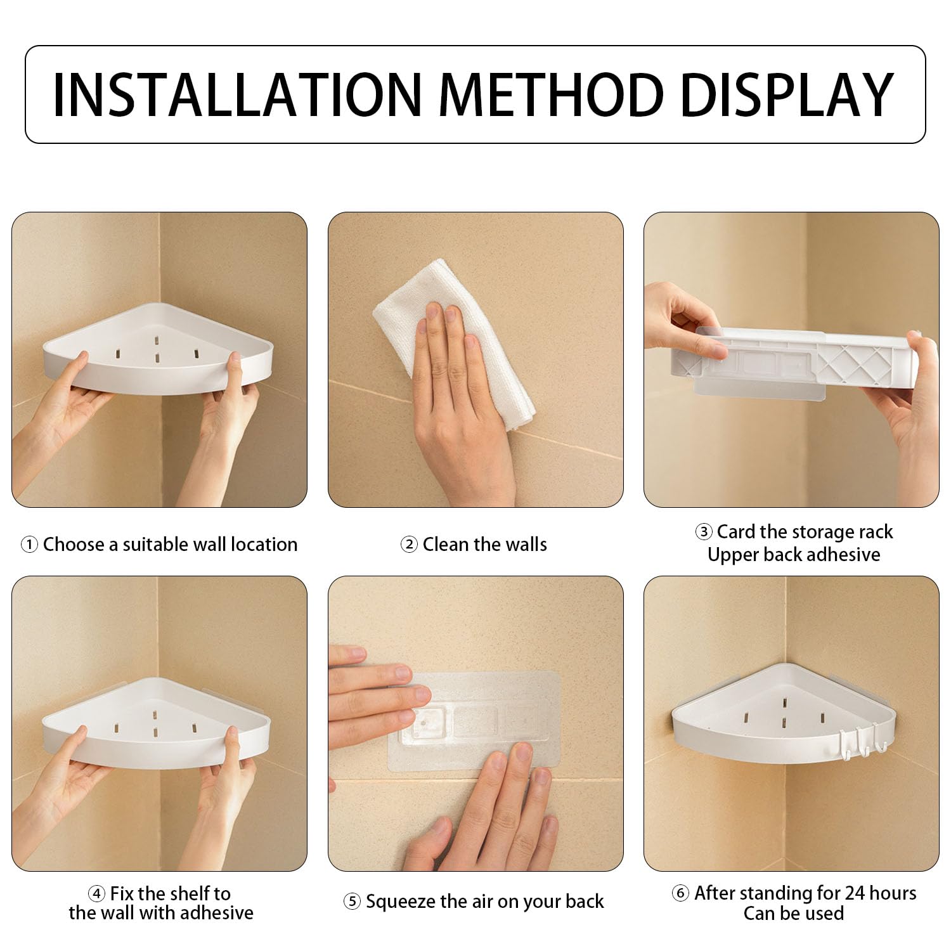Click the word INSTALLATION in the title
click(x=237, y=94)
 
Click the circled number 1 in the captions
click(x=29, y=545)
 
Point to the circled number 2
click(x=409, y=545)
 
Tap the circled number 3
click(x=703, y=532)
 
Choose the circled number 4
click(x=96, y=894)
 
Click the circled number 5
click(x=352, y=902)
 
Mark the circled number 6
click(x=680, y=893)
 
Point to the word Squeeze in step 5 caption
click(x=401, y=902)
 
